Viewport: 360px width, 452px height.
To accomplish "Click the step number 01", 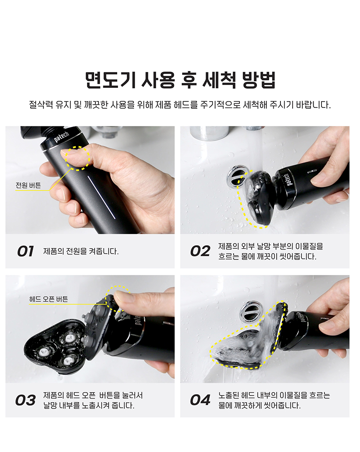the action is [x=26, y=251].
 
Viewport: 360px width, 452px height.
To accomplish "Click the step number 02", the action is [x=200, y=251].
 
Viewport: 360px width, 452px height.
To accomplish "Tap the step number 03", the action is [x=26, y=400].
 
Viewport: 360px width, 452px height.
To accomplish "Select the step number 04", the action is [x=200, y=400].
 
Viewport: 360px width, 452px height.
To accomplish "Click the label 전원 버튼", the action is [x=28, y=185].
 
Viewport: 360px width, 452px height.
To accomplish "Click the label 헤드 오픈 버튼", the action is [x=49, y=299].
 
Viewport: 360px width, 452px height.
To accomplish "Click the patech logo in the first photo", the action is [x=62, y=136].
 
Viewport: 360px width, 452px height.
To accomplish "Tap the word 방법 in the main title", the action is [x=259, y=80].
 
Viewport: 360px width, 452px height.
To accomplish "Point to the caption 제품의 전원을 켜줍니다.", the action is [x=81, y=251].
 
